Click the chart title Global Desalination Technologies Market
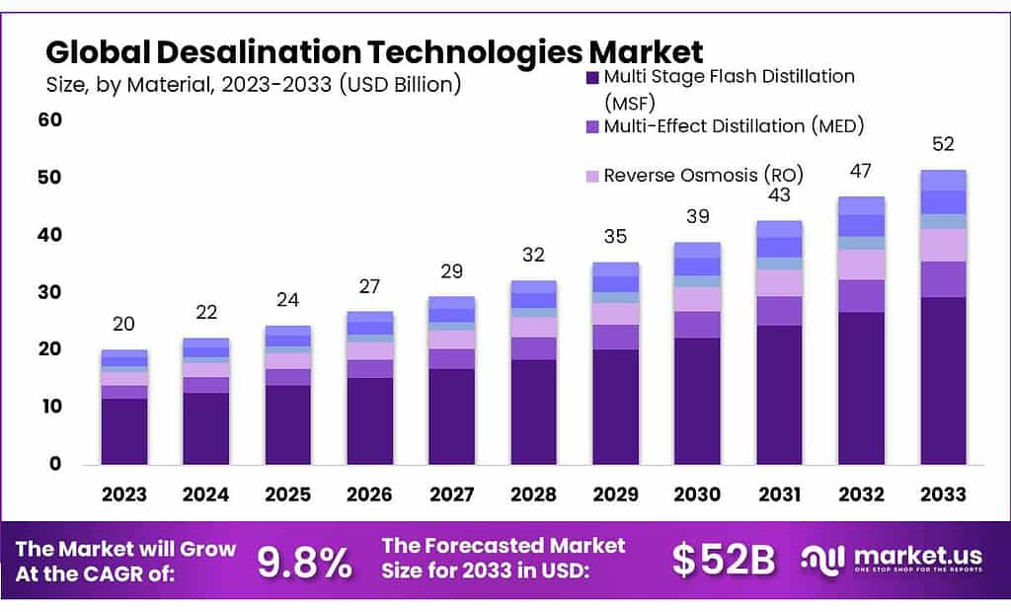click(374, 51)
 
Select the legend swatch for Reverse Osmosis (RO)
click(592, 176)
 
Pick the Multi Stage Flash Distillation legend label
click(729, 77)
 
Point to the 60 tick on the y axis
click(49, 120)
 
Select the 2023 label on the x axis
click(124, 495)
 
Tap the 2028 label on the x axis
click(534, 495)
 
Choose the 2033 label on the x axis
click(943, 495)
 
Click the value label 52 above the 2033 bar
click(943, 144)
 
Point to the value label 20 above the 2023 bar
click(124, 324)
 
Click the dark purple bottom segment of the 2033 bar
click(943, 380)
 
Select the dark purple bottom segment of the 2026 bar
click(370, 421)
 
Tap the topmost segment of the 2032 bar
click(861, 205)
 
